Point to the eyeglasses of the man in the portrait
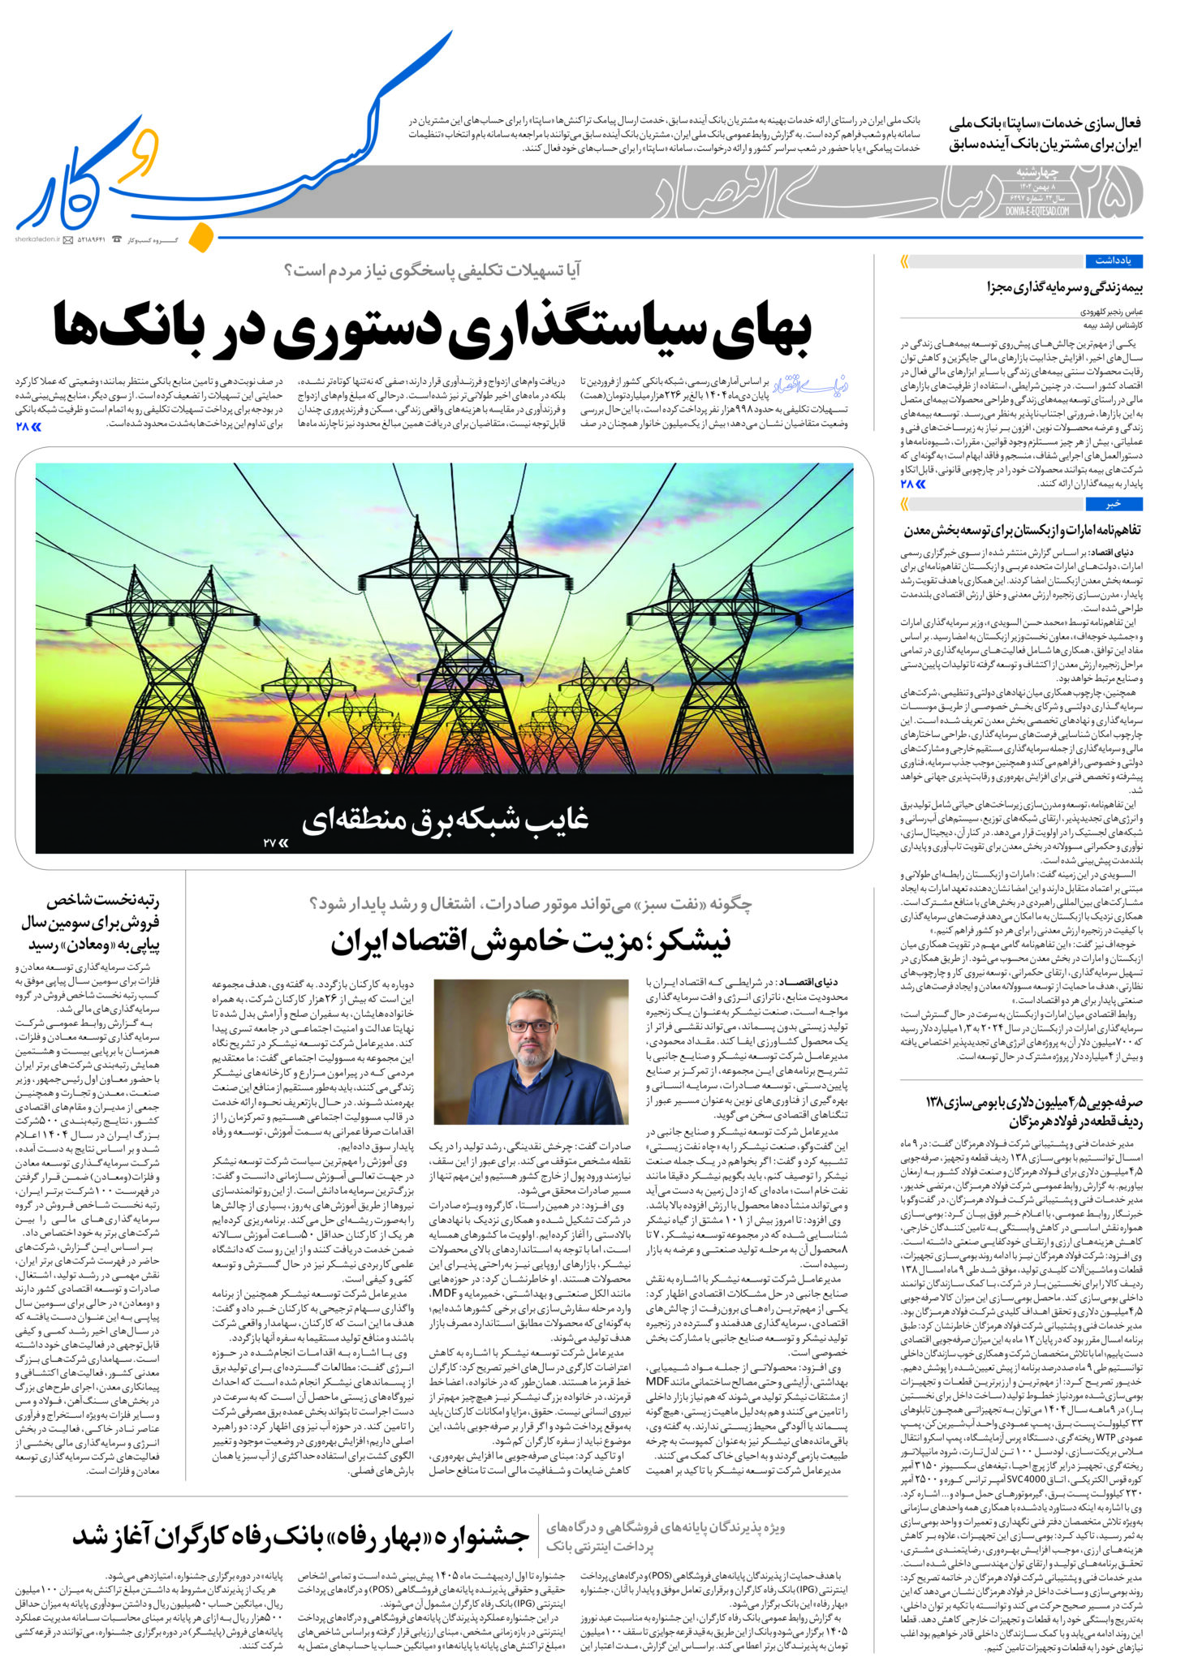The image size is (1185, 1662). click(530, 1027)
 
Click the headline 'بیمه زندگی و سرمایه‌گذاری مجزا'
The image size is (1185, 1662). click(1064, 287)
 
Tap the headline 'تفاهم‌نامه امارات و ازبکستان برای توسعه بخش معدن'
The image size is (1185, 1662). click(1022, 530)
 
